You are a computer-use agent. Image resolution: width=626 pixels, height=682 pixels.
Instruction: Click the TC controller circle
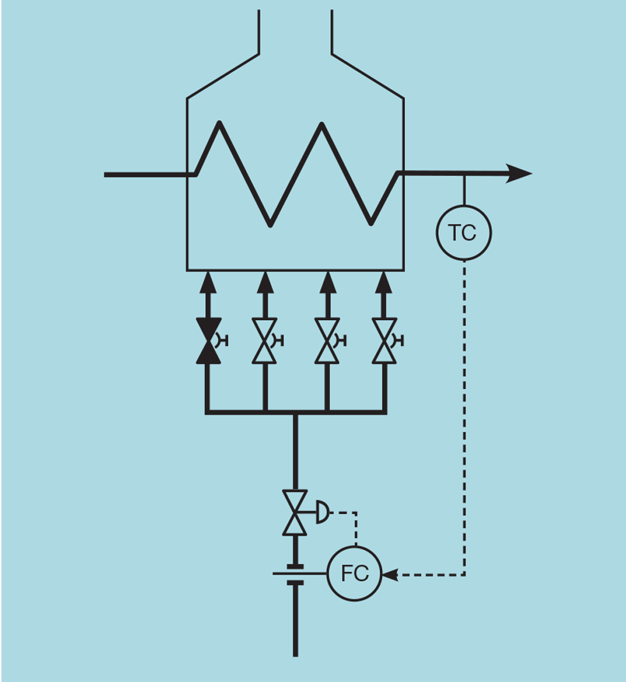tap(464, 232)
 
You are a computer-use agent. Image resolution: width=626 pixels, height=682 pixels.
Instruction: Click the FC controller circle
tap(355, 573)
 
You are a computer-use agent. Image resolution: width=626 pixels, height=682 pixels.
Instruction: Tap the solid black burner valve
tap(208, 340)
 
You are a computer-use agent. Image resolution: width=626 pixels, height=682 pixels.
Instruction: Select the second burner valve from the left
tap(264, 340)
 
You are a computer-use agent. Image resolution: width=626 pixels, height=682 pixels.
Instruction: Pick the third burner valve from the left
tap(326, 340)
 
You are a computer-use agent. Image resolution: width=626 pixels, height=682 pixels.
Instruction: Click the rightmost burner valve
tap(384, 340)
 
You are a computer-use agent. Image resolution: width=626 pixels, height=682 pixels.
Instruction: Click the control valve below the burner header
tap(295, 512)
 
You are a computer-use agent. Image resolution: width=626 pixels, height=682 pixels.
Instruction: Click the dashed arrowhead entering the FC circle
tap(389, 575)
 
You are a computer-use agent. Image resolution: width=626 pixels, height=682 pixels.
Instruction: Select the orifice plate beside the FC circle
tap(294, 574)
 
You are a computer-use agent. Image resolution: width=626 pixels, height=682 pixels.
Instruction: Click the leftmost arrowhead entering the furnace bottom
tap(208, 281)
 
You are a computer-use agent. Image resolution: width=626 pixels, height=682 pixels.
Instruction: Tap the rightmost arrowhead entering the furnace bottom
tap(383, 281)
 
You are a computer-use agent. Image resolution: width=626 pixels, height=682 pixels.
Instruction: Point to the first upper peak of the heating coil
tap(219, 123)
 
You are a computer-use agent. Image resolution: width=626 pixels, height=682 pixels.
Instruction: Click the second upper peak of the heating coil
tap(321, 125)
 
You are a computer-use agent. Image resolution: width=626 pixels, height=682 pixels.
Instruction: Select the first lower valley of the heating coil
tap(270, 224)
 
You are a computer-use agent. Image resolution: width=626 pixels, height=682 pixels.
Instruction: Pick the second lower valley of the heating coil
tap(372, 224)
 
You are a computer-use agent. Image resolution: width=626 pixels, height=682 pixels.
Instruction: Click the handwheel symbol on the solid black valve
tap(223, 340)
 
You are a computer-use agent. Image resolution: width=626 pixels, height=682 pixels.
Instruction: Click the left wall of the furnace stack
tap(259, 32)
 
